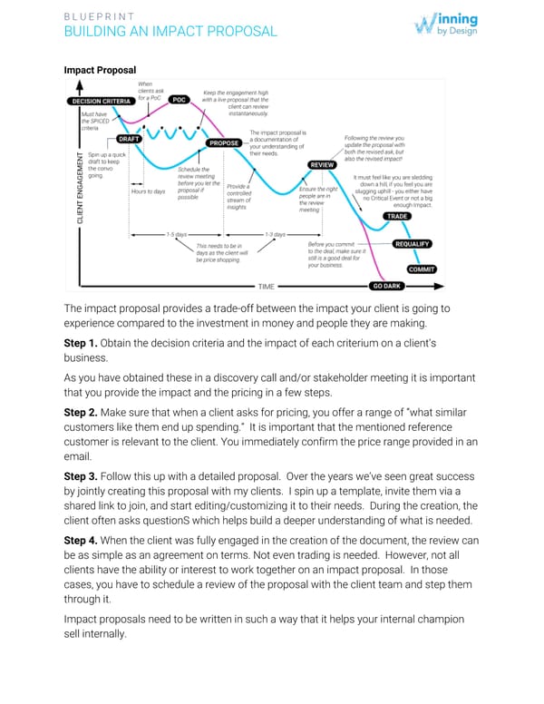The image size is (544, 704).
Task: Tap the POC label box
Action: pyautogui.click(x=179, y=100)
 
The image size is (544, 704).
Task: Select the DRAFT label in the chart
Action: pyautogui.click(x=129, y=140)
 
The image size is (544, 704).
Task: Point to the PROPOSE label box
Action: pyautogui.click(x=224, y=143)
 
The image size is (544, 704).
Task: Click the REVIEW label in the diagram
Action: pyautogui.click(x=323, y=164)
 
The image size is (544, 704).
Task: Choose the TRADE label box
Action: pyautogui.click(x=397, y=216)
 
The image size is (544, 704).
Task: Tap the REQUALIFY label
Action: pyautogui.click(x=413, y=244)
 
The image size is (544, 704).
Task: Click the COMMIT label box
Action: pyautogui.click(x=421, y=269)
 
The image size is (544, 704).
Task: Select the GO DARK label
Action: pyautogui.click(x=388, y=287)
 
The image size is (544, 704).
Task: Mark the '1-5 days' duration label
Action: pyautogui.click(x=176, y=234)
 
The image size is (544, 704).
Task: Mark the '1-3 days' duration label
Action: pyautogui.click(x=274, y=234)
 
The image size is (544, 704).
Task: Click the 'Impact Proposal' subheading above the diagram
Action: pyautogui.click(x=100, y=70)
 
